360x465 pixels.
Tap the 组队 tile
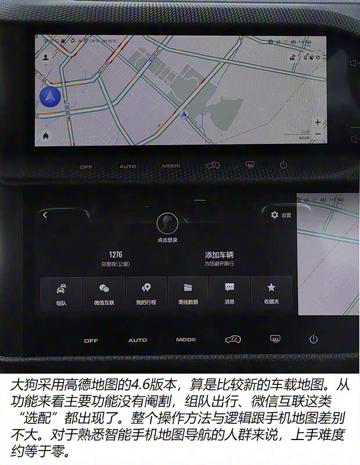(61, 293)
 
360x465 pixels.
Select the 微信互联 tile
(104, 293)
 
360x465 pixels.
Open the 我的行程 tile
(146, 293)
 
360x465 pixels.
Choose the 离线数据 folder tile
(188, 293)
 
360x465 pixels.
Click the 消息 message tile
(229, 293)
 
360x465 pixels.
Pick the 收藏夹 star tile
(271, 293)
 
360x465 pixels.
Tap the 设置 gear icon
(275, 215)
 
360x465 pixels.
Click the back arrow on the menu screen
(45, 215)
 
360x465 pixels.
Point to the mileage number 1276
(116, 254)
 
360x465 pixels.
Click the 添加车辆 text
(219, 255)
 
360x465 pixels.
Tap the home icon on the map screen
(45, 135)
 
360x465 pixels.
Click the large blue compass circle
(50, 99)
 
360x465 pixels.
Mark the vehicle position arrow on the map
(185, 114)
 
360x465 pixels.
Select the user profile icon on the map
(45, 57)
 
